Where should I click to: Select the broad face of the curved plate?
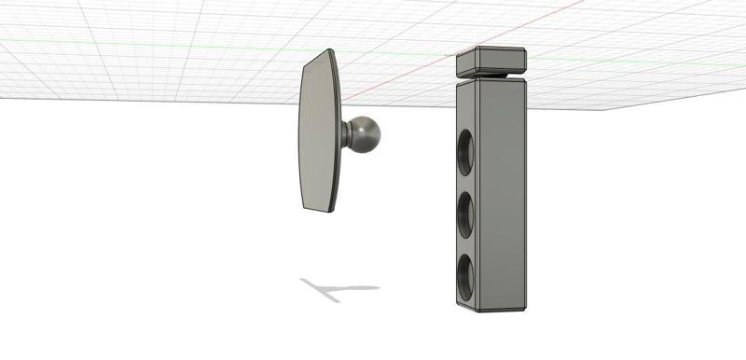click(x=317, y=131)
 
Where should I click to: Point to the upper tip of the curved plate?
click(x=327, y=54)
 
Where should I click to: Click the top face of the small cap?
click(x=491, y=50)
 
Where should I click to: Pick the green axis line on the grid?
click(x=186, y=46)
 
